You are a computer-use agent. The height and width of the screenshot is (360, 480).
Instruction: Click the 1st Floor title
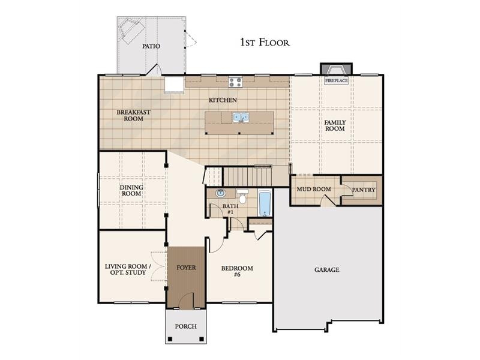265,42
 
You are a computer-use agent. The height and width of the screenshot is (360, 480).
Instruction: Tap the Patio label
151,46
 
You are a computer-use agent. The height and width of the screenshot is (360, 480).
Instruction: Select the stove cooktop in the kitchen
235,82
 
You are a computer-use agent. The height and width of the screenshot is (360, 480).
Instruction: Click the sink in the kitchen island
241,117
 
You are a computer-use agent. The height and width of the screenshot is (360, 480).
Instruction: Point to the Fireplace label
337,80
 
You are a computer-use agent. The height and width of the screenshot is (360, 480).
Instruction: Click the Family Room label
335,125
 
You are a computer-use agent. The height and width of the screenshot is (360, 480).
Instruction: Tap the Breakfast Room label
133,115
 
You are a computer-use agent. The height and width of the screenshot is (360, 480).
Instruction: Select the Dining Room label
131,190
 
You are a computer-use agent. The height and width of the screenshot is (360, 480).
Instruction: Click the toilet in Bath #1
242,197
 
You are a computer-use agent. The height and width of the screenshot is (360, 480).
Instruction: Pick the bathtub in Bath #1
265,203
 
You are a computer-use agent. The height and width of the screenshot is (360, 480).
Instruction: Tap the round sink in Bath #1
220,193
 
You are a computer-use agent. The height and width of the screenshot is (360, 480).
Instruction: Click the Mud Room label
314,189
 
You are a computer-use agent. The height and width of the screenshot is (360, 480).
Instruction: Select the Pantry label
364,190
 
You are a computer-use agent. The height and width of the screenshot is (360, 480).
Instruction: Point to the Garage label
326,269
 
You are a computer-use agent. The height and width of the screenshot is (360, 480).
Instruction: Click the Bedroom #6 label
237,271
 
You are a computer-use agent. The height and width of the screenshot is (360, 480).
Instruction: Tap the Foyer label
186,268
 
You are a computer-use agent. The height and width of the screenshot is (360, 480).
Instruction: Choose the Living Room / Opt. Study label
128,269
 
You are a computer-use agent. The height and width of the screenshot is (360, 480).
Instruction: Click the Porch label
186,326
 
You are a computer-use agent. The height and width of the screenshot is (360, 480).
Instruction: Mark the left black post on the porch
170,339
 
